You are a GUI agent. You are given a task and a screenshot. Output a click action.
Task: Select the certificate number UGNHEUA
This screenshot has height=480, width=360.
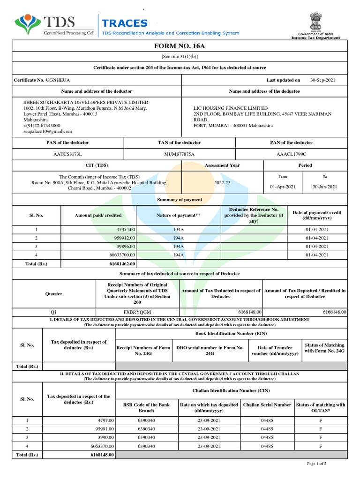[x=58, y=80]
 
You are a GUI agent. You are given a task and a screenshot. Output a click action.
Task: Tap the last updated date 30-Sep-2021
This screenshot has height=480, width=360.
[x=322, y=80]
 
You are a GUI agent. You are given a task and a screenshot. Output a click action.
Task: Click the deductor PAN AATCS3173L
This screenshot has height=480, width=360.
[x=67, y=154]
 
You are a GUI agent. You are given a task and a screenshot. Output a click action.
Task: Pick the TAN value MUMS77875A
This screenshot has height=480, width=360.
[x=180, y=154]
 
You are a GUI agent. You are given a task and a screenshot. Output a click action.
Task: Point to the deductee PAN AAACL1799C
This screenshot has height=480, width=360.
[x=291, y=154]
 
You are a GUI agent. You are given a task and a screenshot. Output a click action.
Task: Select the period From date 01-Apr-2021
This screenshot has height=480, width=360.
[x=283, y=187]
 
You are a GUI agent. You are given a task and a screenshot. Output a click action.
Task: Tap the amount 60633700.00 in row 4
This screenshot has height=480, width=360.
[x=119, y=255]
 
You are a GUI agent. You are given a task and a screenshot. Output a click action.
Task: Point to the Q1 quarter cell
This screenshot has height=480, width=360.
[x=53, y=312]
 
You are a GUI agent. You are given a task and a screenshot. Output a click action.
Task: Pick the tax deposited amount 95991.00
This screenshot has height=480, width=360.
[x=102, y=429]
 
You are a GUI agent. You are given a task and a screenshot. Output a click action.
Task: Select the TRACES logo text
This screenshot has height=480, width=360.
[x=125, y=23]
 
